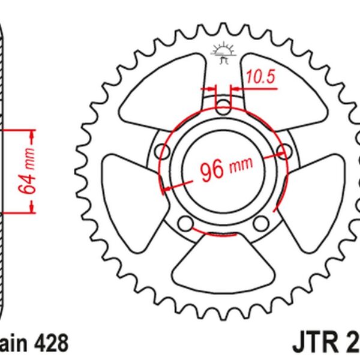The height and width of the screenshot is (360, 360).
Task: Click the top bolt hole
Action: (223, 109)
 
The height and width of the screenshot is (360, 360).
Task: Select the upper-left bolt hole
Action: (161, 151)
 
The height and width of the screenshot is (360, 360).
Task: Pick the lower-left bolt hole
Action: (187, 224)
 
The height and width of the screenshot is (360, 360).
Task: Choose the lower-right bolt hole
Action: (260, 224)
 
